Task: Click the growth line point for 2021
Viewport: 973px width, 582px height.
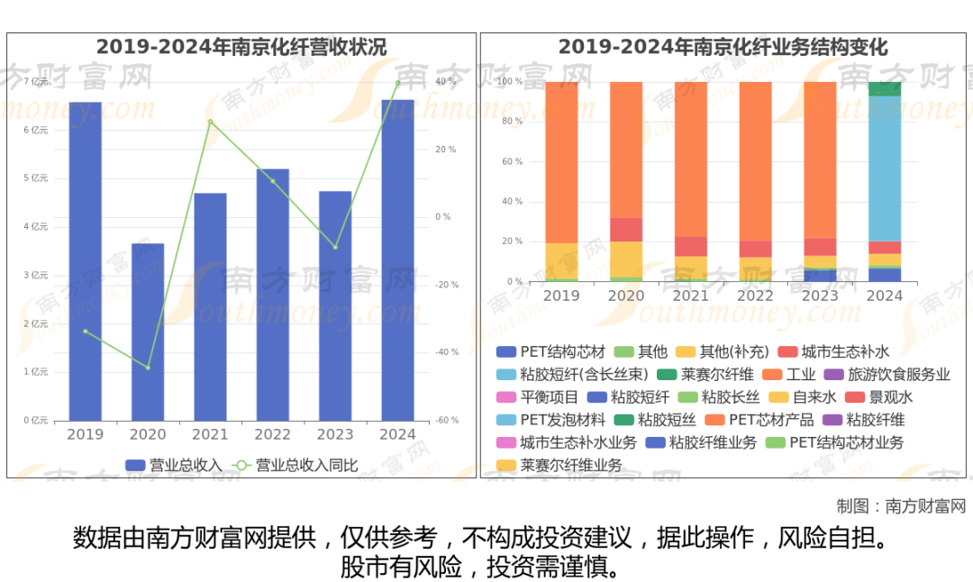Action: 210,122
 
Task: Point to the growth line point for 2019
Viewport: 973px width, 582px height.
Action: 86,332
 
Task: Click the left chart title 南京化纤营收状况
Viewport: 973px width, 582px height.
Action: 241,47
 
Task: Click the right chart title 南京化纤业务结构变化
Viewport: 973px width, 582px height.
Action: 723,47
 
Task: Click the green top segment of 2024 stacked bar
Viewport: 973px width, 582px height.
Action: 885,88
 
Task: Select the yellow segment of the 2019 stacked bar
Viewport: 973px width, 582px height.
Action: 562,260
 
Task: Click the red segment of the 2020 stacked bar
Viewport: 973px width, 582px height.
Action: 626,230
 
